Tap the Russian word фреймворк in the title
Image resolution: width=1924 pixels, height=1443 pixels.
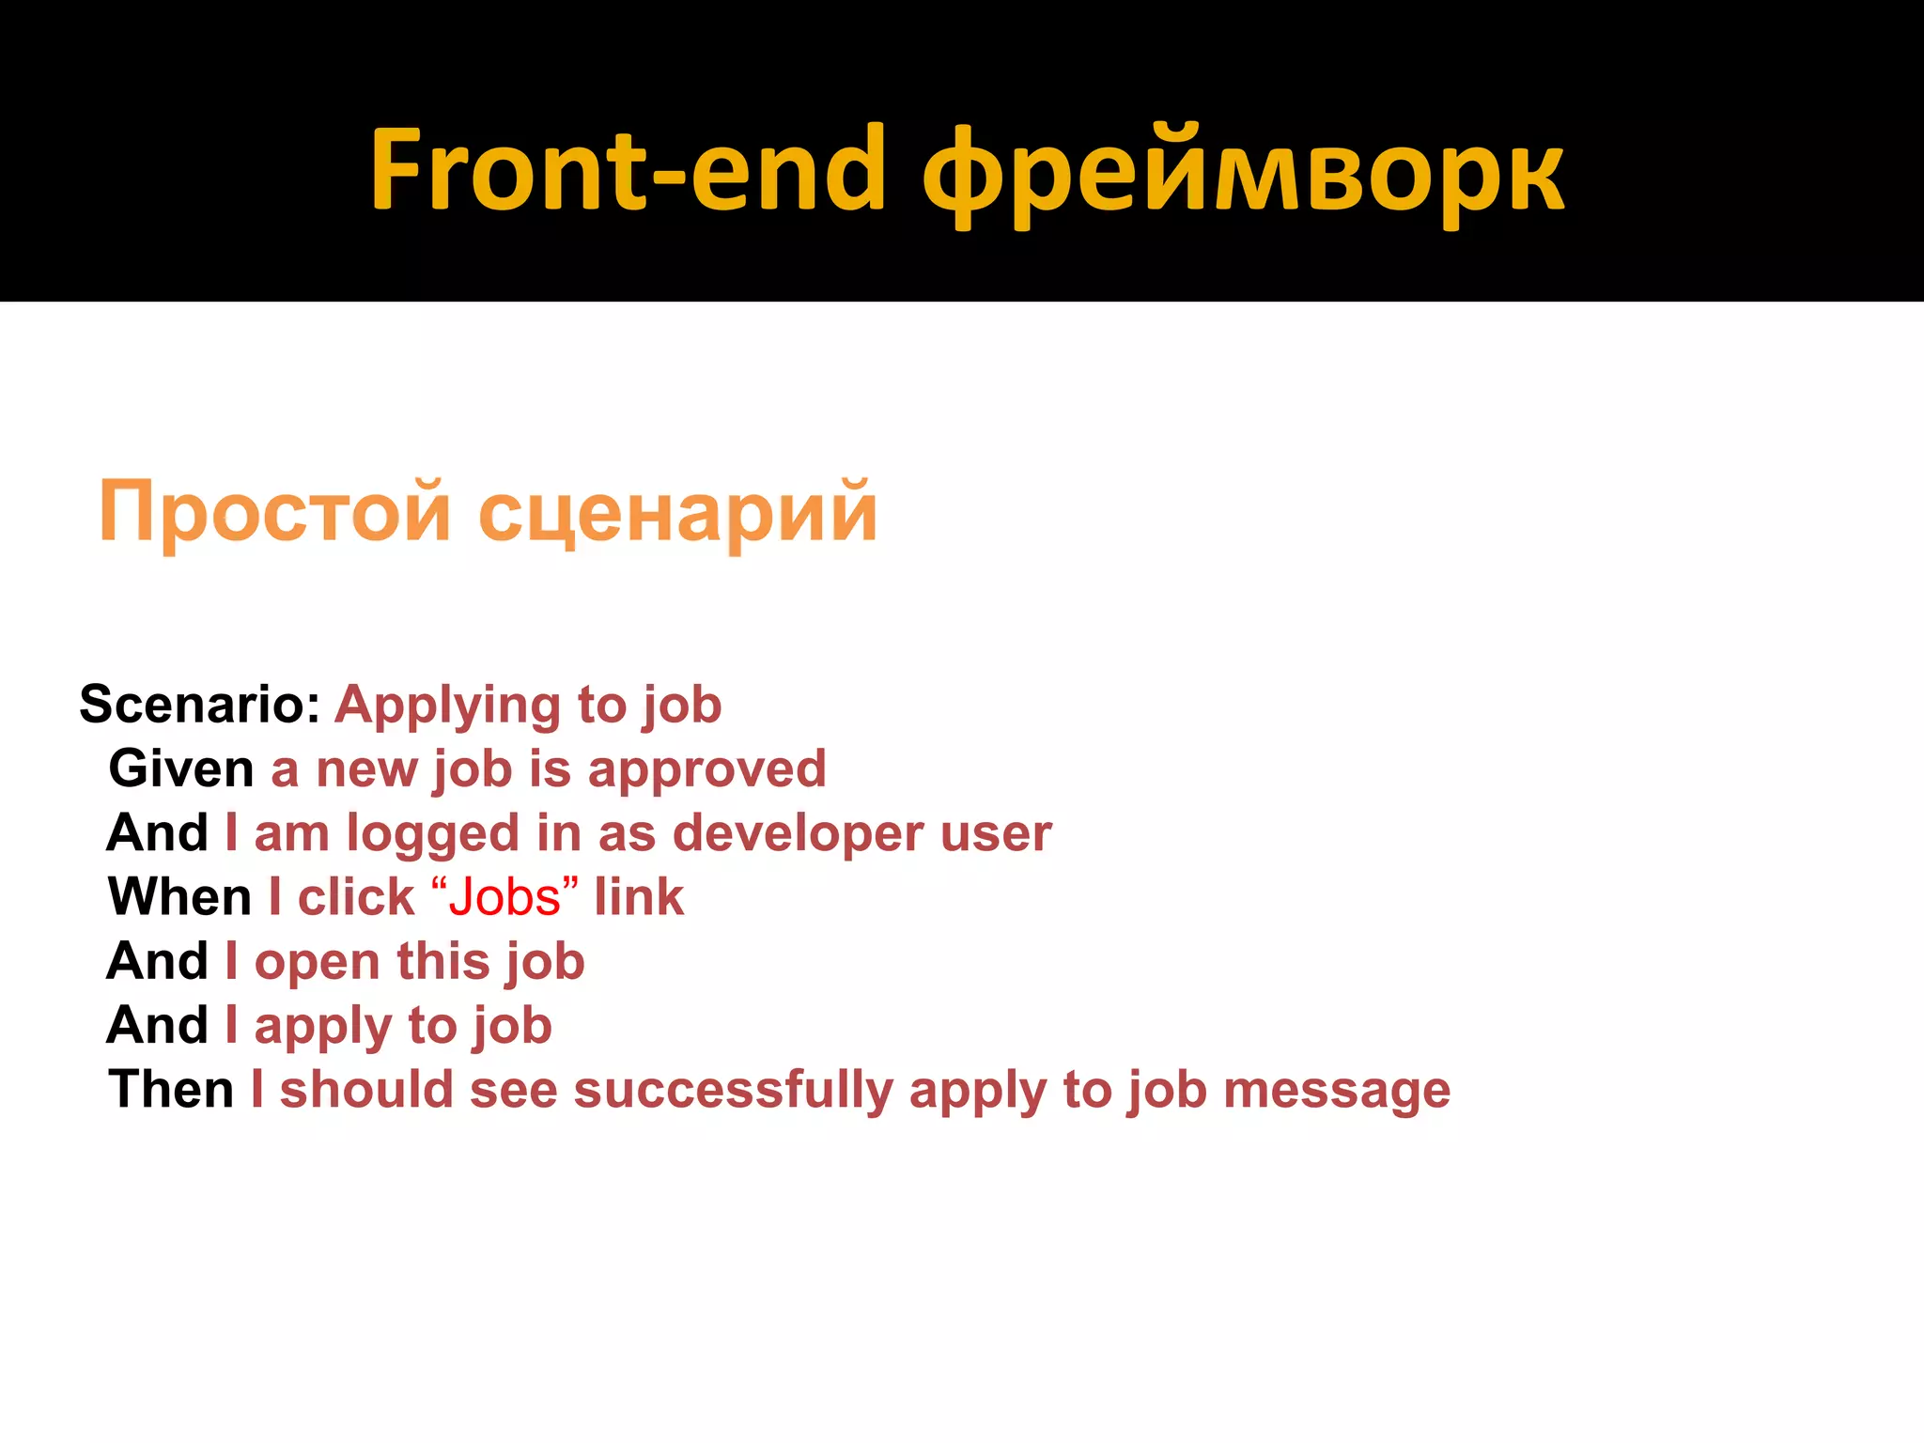point(1242,175)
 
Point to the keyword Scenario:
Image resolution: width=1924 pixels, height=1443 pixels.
point(200,705)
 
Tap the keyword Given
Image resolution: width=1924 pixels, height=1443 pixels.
point(181,769)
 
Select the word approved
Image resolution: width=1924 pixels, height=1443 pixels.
point(706,771)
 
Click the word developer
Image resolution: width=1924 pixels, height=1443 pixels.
point(798,835)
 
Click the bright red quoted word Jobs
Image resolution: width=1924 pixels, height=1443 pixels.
point(504,898)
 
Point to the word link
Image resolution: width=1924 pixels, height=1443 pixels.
point(639,897)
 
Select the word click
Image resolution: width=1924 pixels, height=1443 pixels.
point(356,897)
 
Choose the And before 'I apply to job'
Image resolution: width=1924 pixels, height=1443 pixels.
point(157,1025)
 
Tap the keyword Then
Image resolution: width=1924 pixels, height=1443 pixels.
point(171,1090)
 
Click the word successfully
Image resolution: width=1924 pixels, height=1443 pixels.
point(733,1092)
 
